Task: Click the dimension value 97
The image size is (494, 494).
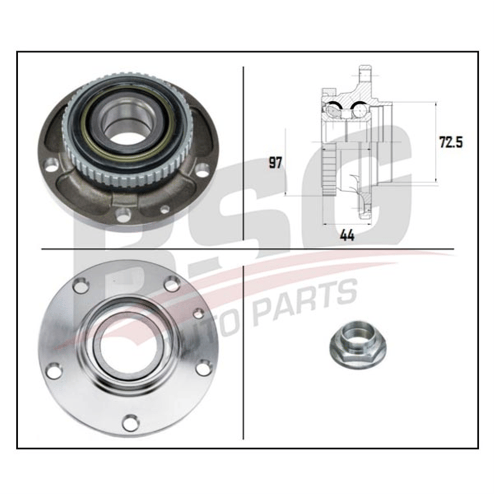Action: pos(275,163)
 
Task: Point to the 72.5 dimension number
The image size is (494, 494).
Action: pos(451,142)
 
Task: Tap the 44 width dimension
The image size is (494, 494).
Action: pos(347,235)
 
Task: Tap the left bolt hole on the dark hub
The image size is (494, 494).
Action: pos(52,165)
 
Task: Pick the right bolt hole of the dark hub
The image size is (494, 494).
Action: pos(202,170)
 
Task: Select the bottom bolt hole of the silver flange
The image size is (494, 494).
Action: pos(130,422)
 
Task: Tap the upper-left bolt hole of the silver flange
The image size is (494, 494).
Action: pos(81,286)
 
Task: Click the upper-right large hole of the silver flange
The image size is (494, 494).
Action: pos(172,284)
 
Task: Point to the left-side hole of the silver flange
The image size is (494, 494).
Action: pos(54,370)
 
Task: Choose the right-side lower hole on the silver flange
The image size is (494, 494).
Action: pos(203,368)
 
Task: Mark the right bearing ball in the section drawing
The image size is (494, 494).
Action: pos(359,110)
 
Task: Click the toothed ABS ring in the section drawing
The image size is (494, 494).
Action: pos(329,169)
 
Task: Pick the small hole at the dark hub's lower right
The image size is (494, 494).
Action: pos(164,209)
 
